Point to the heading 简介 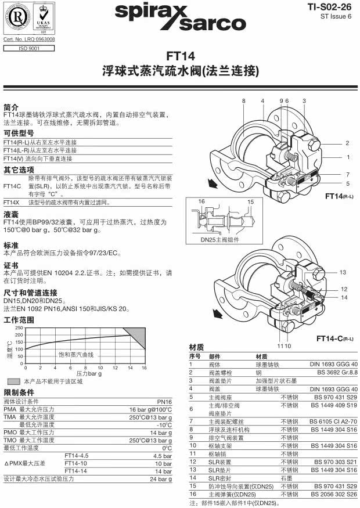tap(11, 107)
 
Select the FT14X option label tap(12, 203)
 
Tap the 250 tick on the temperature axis tap(20, 328)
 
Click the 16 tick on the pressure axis tap(144, 368)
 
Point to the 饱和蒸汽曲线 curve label tap(75, 354)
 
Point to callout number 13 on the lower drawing tap(343, 272)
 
